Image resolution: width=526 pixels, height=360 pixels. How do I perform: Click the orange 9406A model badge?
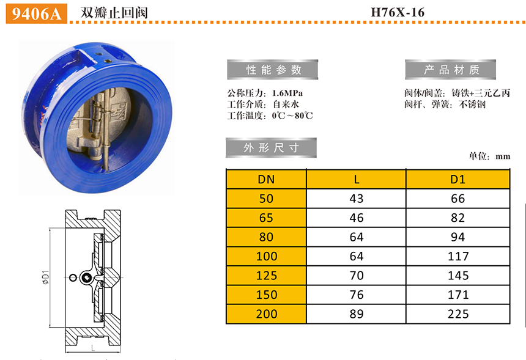click(x=37, y=13)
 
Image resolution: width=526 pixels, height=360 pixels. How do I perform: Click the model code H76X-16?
click(x=398, y=12)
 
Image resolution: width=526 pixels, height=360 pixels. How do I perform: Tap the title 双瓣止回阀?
click(x=114, y=13)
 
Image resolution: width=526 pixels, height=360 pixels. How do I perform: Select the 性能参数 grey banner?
click(x=272, y=70)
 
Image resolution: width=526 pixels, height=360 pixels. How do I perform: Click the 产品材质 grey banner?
click(x=450, y=70)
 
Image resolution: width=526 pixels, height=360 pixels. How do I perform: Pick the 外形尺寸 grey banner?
click(x=271, y=147)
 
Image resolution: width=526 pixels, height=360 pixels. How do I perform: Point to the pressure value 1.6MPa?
click(x=287, y=93)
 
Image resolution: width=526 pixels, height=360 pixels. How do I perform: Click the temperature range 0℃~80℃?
click(x=292, y=116)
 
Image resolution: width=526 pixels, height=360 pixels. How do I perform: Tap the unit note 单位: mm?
click(x=489, y=156)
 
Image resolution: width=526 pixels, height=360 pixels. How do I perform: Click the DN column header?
click(x=266, y=179)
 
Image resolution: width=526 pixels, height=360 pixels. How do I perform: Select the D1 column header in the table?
click(x=458, y=179)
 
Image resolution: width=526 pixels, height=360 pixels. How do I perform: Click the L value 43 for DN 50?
click(x=356, y=199)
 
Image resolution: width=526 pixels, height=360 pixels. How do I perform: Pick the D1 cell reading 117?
click(x=458, y=257)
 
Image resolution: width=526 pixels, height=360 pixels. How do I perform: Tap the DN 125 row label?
click(x=267, y=276)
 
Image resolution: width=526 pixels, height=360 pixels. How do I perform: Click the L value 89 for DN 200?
click(x=356, y=314)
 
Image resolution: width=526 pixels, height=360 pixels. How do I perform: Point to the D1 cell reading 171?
click(x=458, y=295)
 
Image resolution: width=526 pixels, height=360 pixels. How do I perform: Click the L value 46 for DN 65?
click(x=356, y=218)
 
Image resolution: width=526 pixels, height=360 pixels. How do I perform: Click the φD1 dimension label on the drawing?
click(x=46, y=277)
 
